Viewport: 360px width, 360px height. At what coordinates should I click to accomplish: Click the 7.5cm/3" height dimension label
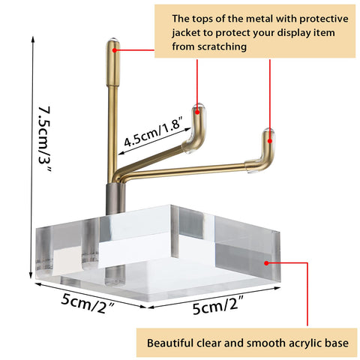[44, 139]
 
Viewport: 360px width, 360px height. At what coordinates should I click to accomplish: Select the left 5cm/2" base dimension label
[88, 303]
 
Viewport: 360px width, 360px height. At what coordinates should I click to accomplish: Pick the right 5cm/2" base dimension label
[218, 305]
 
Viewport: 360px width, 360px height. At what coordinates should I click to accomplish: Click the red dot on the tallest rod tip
[114, 50]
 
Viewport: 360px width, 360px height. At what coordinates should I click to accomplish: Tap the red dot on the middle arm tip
[197, 112]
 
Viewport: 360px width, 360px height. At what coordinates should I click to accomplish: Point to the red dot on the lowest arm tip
[270, 141]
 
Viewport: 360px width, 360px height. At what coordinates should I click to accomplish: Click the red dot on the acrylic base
[266, 263]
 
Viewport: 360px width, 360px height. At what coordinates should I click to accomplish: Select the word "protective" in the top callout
[324, 19]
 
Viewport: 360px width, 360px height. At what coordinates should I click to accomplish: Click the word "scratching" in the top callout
[222, 47]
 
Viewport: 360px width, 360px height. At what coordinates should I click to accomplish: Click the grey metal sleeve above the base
[115, 199]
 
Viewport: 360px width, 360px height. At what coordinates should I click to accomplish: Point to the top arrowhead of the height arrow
[33, 37]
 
